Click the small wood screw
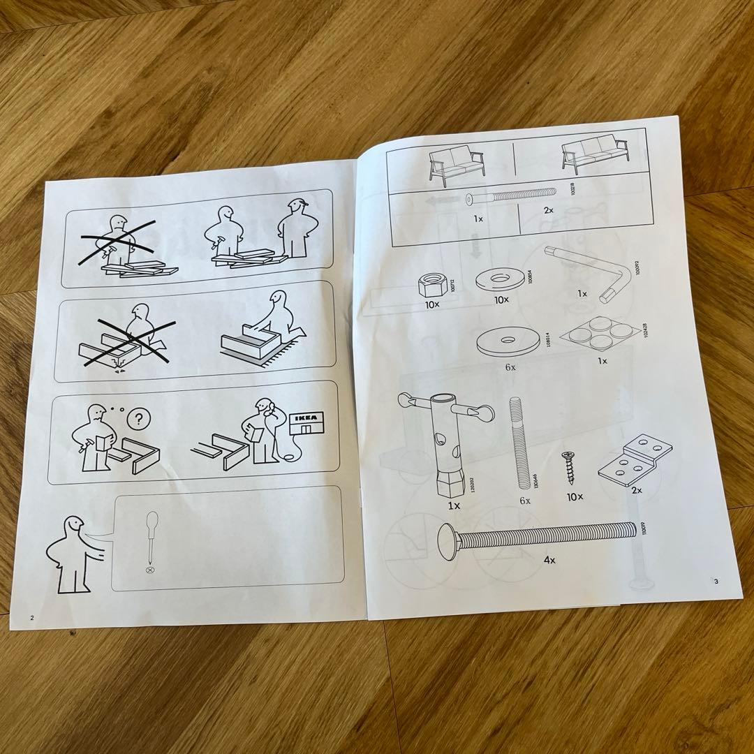[570, 468]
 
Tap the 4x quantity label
[550, 561]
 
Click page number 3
[715, 581]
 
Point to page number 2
[31, 617]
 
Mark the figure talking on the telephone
[264, 431]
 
